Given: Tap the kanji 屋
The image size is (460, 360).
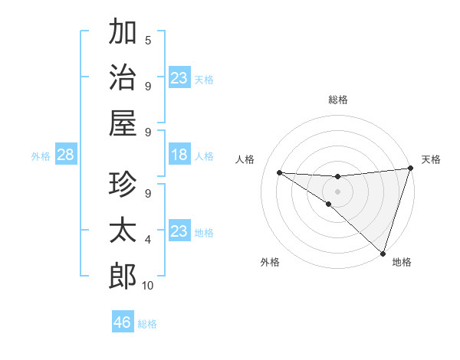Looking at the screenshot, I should tap(123, 123).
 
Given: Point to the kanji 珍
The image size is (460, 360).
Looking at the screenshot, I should tap(123, 185).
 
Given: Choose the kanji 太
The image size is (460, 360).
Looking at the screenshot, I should tap(123, 231).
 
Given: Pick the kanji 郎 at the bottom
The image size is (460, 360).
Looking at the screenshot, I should tap(123, 276).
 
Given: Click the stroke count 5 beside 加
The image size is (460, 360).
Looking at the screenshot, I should tap(148, 40).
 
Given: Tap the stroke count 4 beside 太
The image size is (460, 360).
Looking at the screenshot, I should tap(148, 240).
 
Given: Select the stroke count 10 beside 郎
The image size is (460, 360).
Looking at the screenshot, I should tap(148, 286).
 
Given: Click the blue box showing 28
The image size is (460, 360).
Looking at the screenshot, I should tap(66, 155).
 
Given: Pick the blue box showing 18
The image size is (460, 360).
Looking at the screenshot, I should tap(179, 155).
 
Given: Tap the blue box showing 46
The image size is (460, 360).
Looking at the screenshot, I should tap(123, 322).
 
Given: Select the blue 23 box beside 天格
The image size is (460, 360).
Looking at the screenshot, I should tap(179, 78).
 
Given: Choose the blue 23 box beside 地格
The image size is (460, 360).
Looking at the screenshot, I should tap(179, 231).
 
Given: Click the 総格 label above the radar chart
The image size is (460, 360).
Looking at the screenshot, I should tap(338, 100).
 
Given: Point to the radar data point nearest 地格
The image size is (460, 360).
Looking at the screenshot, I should tap(383, 253).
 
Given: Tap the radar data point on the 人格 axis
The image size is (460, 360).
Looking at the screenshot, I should tap(279, 172).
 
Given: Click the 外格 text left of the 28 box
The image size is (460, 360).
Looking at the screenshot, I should tap(41, 156).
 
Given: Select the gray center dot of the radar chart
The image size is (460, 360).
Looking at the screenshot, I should tap(337, 190).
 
